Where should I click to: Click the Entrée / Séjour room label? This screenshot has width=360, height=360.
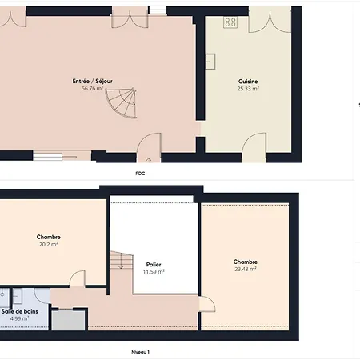pyautogui.click(x=92, y=81)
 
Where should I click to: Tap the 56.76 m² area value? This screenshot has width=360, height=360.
pyautogui.click(x=92, y=88)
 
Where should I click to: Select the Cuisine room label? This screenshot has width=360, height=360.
pyautogui.click(x=248, y=82)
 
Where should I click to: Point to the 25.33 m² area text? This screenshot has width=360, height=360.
pyautogui.click(x=248, y=89)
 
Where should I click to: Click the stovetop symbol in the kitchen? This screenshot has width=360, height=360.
pyautogui.click(x=230, y=22)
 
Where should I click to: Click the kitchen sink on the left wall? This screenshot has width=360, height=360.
pyautogui.click(x=210, y=62)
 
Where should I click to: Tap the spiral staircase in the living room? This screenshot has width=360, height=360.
pyautogui.click(x=122, y=102)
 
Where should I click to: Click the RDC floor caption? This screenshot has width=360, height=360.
pyautogui.click(x=140, y=174)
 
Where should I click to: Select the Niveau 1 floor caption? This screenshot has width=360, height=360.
pyautogui.click(x=141, y=352)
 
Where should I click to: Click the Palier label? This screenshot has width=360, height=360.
pyautogui.click(x=154, y=265)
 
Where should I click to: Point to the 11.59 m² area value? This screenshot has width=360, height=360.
pyautogui.click(x=154, y=272)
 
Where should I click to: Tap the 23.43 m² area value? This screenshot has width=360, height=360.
pyautogui.click(x=246, y=269)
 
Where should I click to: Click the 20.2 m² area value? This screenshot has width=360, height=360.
pyautogui.click(x=49, y=244)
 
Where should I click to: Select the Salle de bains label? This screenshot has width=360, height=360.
pyautogui.click(x=20, y=311)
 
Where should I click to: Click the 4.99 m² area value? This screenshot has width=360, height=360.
pyautogui.click(x=19, y=318)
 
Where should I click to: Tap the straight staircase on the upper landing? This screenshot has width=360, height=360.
pyautogui.click(x=122, y=260)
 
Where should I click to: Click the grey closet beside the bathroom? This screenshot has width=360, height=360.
pyautogui.click(x=69, y=320)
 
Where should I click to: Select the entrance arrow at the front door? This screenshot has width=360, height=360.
pyautogui.click(x=149, y=160)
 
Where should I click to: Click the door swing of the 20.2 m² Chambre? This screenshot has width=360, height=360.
pyautogui.click(x=78, y=279)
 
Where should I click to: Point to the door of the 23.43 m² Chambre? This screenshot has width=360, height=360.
pyautogui.click(x=207, y=304)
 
